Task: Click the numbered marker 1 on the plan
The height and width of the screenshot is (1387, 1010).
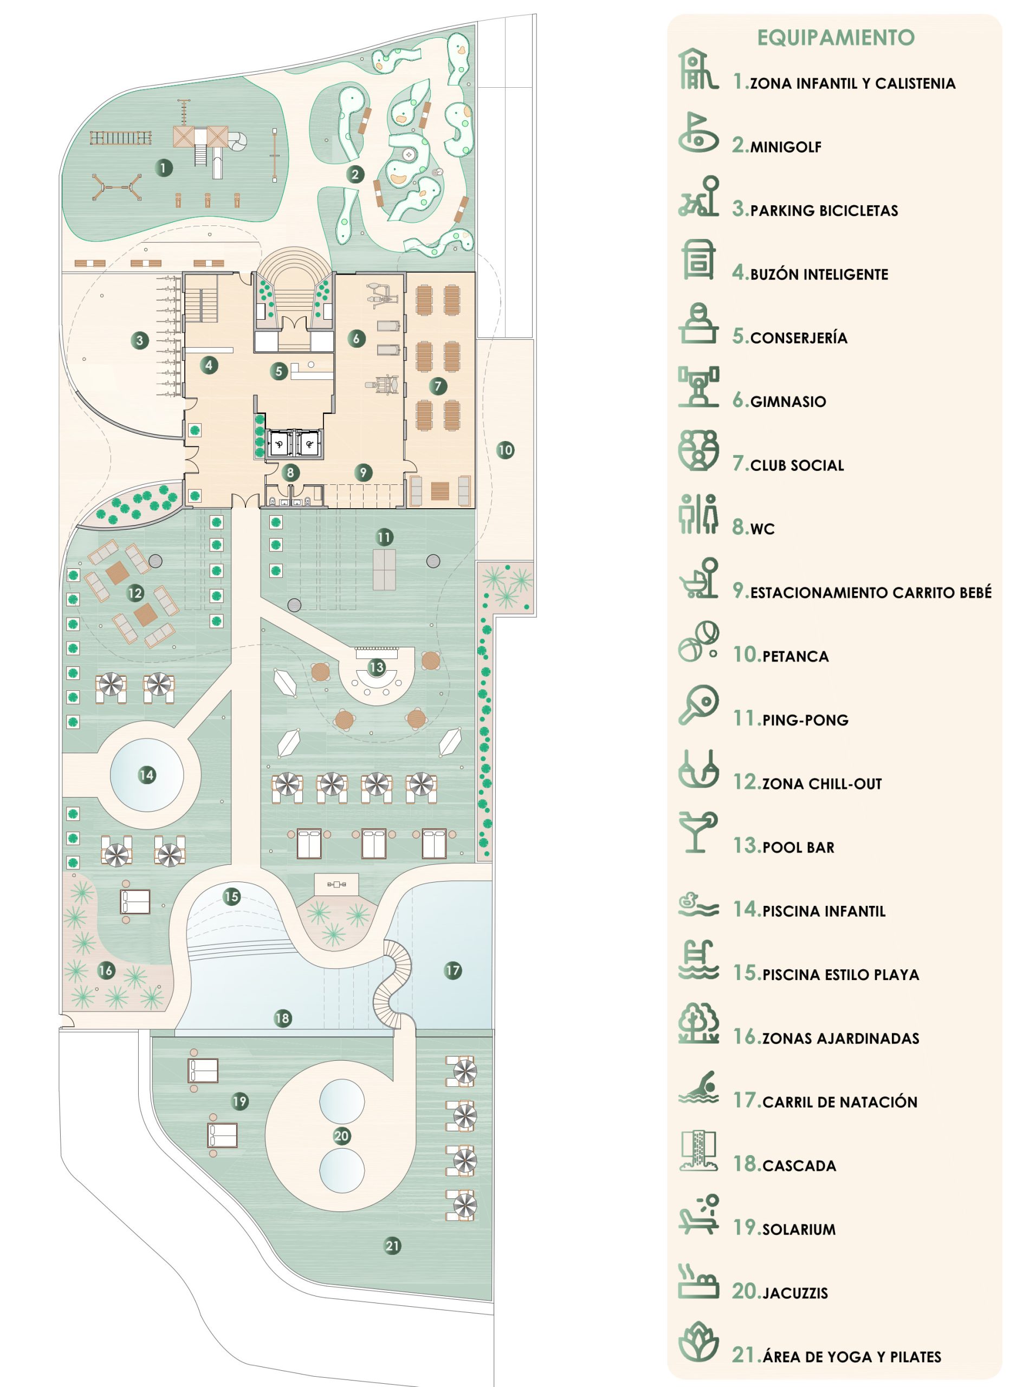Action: pyautogui.click(x=163, y=167)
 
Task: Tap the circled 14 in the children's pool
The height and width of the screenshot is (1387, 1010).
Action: pyautogui.click(x=147, y=775)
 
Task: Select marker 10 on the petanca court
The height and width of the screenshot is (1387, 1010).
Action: pyautogui.click(x=506, y=450)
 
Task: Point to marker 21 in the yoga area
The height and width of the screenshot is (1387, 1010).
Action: pyautogui.click(x=393, y=1245)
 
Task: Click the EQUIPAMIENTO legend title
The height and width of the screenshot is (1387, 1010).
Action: pyautogui.click(x=836, y=38)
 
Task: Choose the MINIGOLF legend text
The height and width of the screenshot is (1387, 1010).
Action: pyautogui.click(x=786, y=147)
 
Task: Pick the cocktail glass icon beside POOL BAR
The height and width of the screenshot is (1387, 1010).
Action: pyautogui.click(x=697, y=832)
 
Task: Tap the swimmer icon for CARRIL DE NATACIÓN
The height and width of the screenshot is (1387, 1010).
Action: pyautogui.click(x=698, y=1087)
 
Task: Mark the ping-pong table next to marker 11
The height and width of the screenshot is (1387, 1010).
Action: pyautogui.click(x=384, y=569)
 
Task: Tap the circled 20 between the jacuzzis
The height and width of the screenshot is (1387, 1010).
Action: pyautogui.click(x=342, y=1136)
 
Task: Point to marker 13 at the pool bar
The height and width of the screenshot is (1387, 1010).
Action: pyautogui.click(x=377, y=666)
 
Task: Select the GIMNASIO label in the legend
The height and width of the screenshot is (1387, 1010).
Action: pyautogui.click(x=788, y=402)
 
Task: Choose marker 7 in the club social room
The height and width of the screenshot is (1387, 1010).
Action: pyautogui.click(x=438, y=386)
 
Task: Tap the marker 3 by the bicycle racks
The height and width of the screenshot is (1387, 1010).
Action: pyautogui.click(x=140, y=340)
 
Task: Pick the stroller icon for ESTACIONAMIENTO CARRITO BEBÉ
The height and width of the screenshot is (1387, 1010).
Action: pyautogui.click(x=698, y=578)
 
